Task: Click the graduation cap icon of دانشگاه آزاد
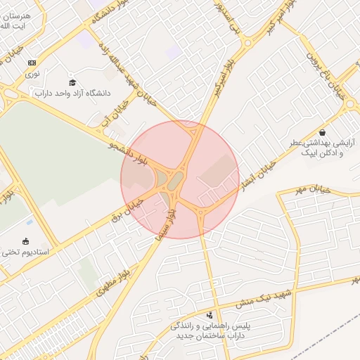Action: tap(72, 83)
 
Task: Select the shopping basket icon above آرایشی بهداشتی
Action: tap(322, 132)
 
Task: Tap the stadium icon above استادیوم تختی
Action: tap(27, 240)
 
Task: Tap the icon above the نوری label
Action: tap(32, 63)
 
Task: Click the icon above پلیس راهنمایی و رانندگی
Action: tap(210, 314)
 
